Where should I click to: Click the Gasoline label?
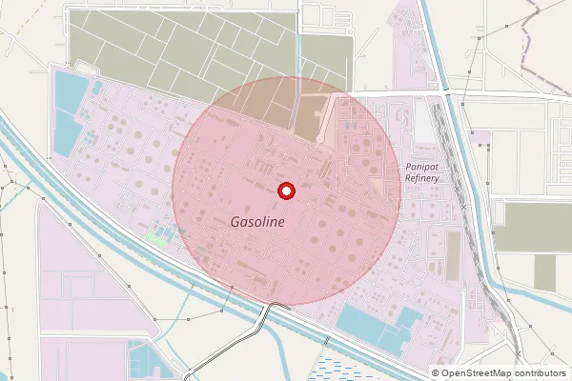[257, 220]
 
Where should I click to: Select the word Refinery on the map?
[422, 178]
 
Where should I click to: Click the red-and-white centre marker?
[285, 191]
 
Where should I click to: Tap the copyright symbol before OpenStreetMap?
[436, 373]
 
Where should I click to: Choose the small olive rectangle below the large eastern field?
[544, 272]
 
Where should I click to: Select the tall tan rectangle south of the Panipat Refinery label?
[454, 255]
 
